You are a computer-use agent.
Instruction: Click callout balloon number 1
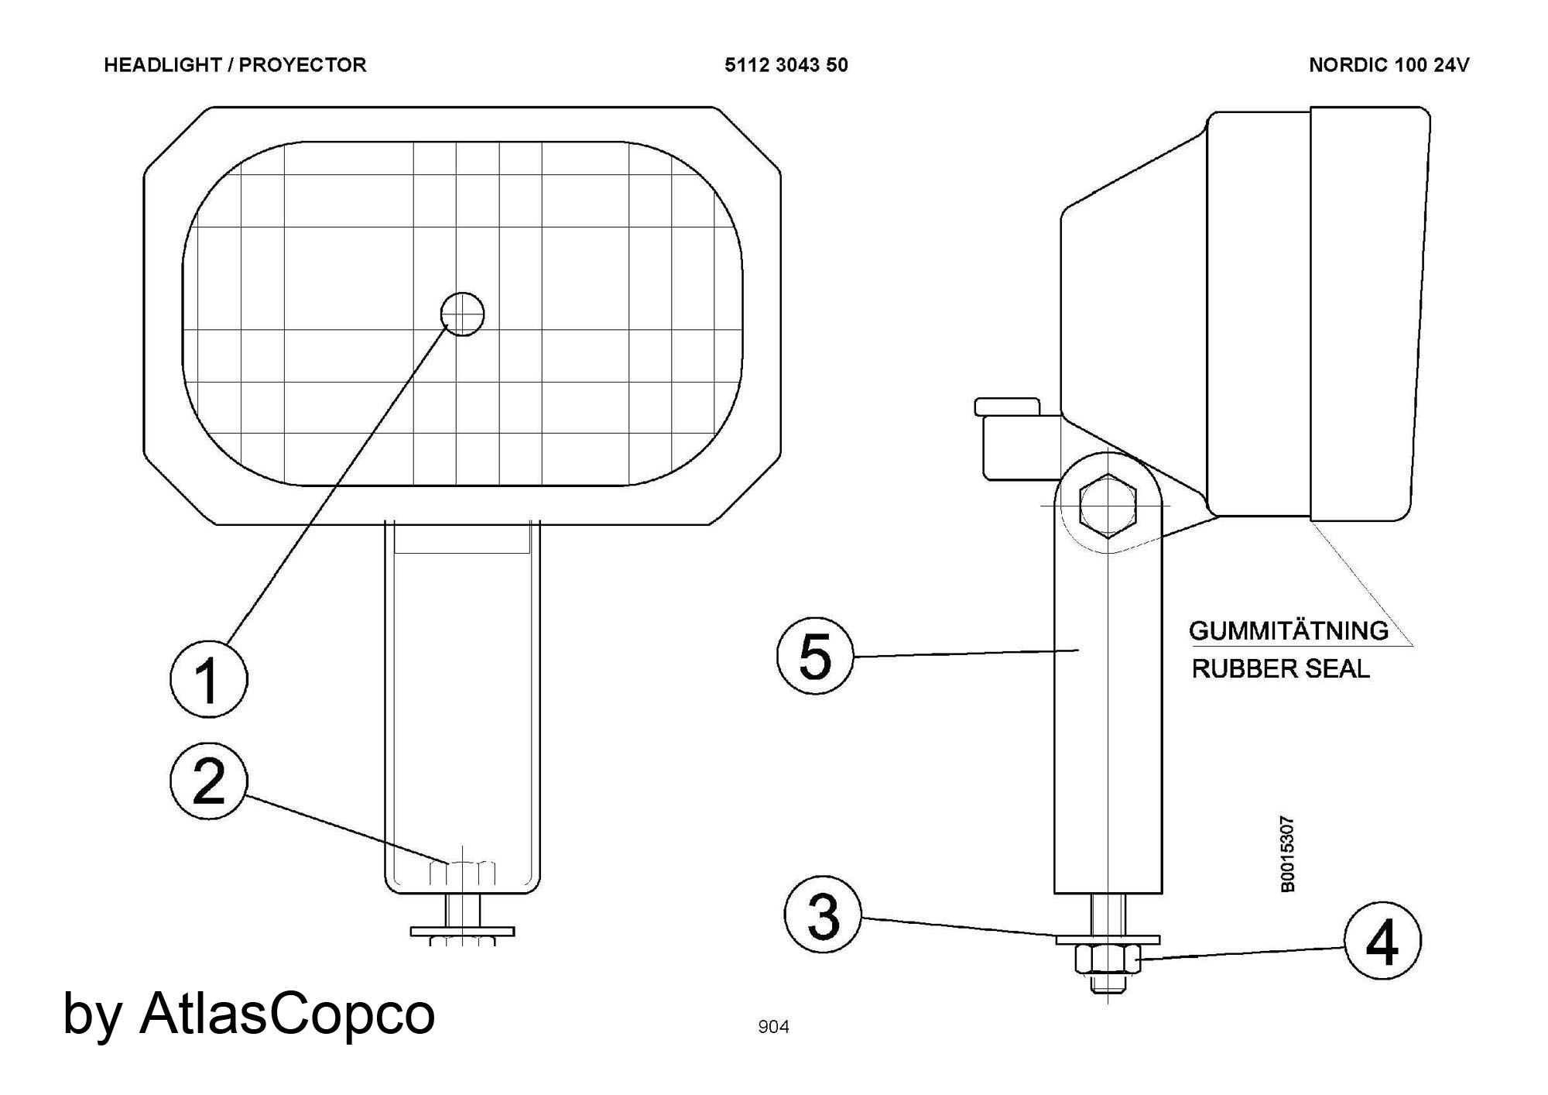pyautogui.click(x=209, y=678)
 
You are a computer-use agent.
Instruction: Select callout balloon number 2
pyautogui.click(x=209, y=781)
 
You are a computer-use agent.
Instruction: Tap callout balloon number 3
pyautogui.click(x=823, y=915)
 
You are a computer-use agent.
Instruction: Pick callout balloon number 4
pyautogui.click(x=1382, y=941)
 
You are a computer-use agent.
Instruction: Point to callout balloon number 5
pyautogui.click(x=815, y=655)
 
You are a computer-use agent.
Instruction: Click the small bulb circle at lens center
pyautogui.click(x=462, y=314)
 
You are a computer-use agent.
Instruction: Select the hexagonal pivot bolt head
pyautogui.click(x=1108, y=505)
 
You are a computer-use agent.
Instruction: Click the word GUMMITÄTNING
pyautogui.click(x=1289, y=630)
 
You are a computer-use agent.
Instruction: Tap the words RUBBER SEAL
pyautogui.click(x=1280, y=668)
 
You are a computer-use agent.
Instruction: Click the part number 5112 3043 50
pyautogui.click(x=786, y=65)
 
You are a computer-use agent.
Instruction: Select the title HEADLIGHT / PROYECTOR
pyautogui.click(x=235, y=65)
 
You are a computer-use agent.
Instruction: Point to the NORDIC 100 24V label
pyautogui.click(x=1389, y=65)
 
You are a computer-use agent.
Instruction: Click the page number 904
pyautogui.click(x=773, y=1027)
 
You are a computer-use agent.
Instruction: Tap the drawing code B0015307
pyautogui.click(x=1287, y=854)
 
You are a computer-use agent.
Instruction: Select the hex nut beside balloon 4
pyautogui.click(x=1108, y=959)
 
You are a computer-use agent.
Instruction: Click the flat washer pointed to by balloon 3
pyautogui.click(x=1108, y=939)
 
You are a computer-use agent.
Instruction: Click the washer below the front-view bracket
pyautogui.click(x=462, y=930)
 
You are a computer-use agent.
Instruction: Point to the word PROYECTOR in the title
pyautogui.click(x=303, y=65)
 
